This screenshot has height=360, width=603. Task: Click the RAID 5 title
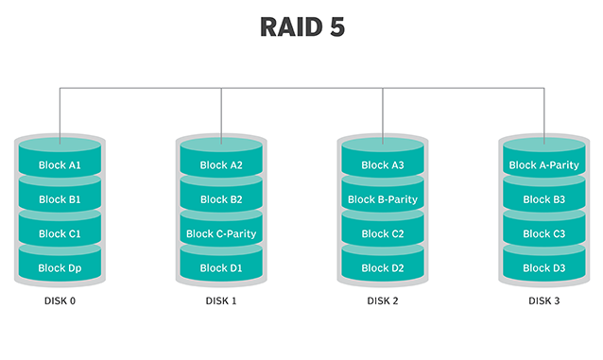[x=301, y=27]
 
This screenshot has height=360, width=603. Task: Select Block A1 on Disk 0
[x=60, y=165]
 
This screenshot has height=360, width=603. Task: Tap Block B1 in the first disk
[x=60, y=199]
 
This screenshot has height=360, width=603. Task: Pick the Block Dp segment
[x=60, y=267]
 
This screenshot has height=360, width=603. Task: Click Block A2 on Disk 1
[x=221, y=165]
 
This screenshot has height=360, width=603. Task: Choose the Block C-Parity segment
[x=221, y=233]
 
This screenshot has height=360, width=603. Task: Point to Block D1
[x=221, y=267]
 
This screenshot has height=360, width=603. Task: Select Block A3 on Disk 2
[x=383, y=165]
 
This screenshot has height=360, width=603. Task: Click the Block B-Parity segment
[x=383, y=199]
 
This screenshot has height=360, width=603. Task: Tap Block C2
[x=383, y=233]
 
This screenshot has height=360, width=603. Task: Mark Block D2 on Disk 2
[x=383, y=267]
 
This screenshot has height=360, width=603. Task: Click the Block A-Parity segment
[x=543, y=165]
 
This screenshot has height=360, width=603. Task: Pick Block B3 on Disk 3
[x=543, y=199]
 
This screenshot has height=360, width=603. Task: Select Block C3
[x=543, y=233]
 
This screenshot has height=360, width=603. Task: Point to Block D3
[x=543, y=267]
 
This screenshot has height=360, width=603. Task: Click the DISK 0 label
[x=60, y=301]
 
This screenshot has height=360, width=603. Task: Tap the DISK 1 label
[x=221, y=301]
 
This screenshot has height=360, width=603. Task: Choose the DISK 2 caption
[x=383, y=301]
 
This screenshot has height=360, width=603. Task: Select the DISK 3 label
[x=543, y=301]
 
